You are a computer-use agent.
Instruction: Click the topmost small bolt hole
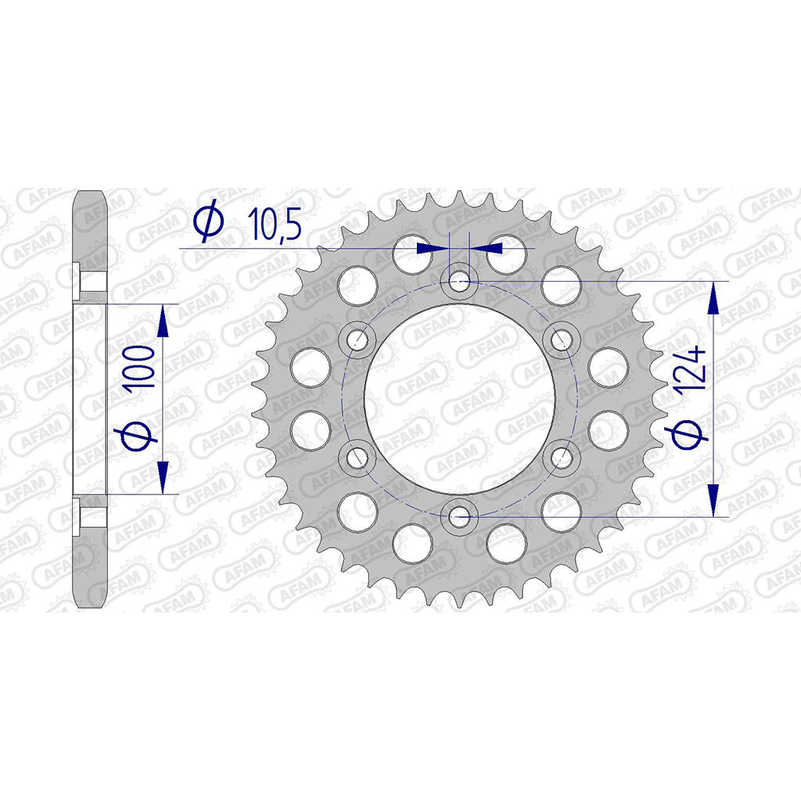click(x=459, y=281)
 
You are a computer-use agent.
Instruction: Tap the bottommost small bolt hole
click(x=459, y=515)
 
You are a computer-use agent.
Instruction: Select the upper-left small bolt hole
click(x=358, y=339)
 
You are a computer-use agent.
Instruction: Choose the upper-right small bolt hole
click(x=561, y=339)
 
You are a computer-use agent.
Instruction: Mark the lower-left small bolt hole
click(x=358, y=457)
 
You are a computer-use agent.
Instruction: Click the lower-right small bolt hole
click(x=561, y=457)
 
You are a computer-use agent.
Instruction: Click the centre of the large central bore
click(x=460, y=399)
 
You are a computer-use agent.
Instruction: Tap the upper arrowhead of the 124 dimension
click(x=713, y=297)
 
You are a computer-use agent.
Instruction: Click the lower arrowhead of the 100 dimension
click(x=163, y=479)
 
